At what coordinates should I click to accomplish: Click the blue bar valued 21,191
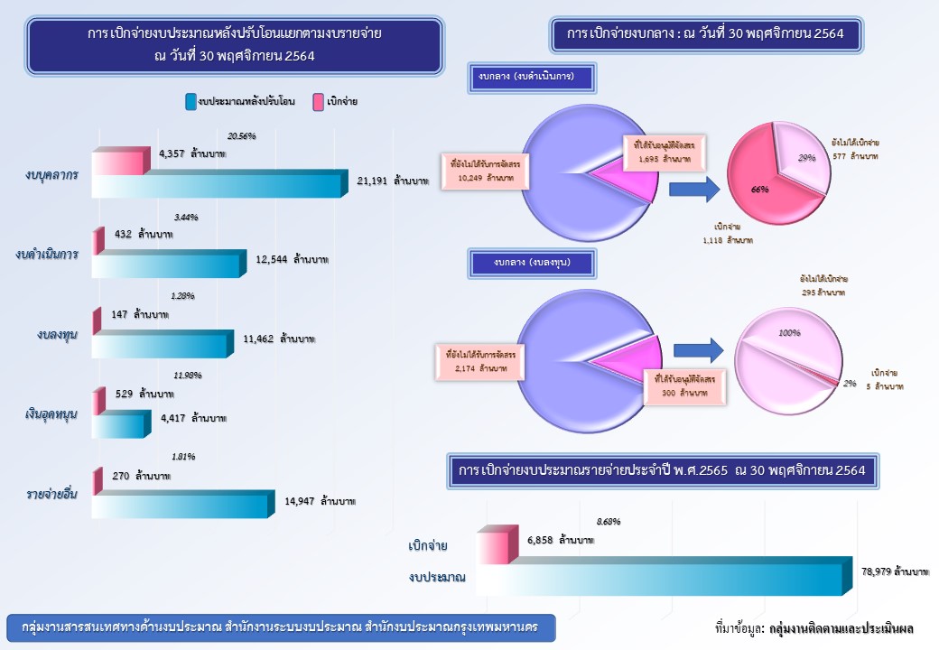click(x=217, y=184)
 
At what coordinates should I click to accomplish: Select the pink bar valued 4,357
click(x=118, y=162)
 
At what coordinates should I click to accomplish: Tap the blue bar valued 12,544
click(x=167, y=265)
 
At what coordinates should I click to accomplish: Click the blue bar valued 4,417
click(x=120, y=424)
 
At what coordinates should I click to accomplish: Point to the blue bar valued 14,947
click(x=181, y=505)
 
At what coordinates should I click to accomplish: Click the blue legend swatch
click(x=191, y=103)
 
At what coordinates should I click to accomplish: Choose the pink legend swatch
click(x=319, y=103)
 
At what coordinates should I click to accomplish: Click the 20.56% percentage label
click(x=241, y=136)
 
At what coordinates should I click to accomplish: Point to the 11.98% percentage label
click(x=186, y=376)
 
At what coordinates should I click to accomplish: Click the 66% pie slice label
click(x=759, y=190)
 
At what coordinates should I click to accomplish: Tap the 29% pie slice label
click(x=806, y=158)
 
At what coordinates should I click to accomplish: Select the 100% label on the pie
click(x=789, y=333)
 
